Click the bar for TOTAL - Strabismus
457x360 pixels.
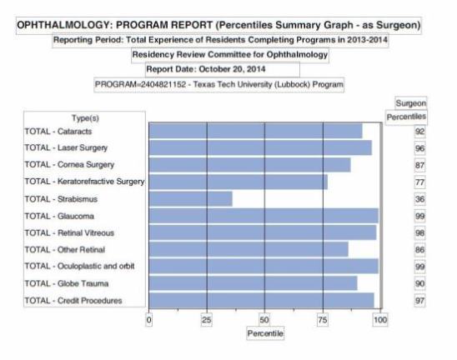coord(191,199)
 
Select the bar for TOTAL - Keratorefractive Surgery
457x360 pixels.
coord(239,182)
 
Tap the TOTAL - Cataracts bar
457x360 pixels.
coord(256,131)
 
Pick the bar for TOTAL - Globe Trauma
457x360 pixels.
coord(253,283)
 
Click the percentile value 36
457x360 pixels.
coord(419,199)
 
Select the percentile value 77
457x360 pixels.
coord(419,182)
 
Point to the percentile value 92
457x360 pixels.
coord(419,132)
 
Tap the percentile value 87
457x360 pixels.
coord(419,166)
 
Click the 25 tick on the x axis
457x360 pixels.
coord(207,320)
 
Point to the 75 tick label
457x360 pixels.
coord(323,320)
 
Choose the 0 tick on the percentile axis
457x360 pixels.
coord(149,320)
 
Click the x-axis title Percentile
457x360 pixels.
coord(265,333)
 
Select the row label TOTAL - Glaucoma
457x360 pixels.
coord(59,216)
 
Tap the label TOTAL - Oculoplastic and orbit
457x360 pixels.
coord(79,266)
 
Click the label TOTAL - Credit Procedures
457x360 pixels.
coord(73,301)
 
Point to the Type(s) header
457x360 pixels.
coord(85,118)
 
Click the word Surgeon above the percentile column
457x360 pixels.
coord(410,103)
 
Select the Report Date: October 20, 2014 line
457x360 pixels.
coord(206,69)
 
